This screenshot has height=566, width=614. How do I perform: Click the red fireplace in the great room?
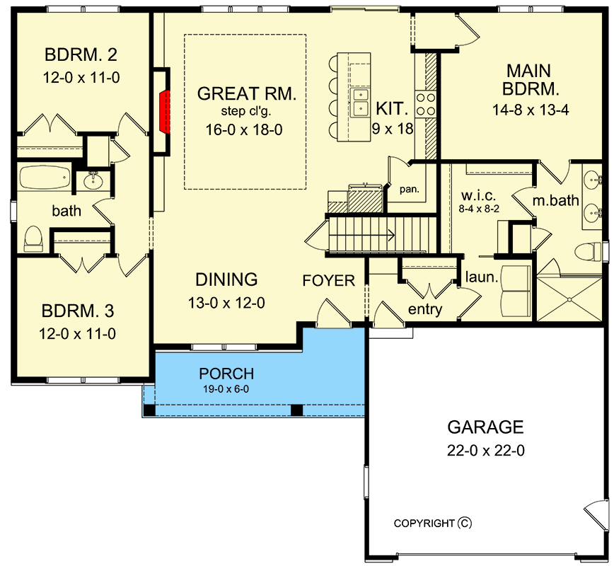point(164,112)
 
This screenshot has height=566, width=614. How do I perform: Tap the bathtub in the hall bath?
point(45,178)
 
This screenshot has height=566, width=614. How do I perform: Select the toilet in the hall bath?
point(33,238)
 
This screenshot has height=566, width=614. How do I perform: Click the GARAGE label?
point(485,427)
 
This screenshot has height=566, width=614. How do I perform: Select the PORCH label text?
point(226,374)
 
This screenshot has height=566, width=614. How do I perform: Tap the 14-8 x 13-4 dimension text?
point(531,110)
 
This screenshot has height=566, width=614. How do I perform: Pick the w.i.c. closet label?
point(478,195)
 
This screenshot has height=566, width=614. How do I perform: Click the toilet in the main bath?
point(587,251)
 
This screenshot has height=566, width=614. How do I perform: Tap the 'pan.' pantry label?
point(409,190)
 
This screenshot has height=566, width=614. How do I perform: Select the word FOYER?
point(328,280)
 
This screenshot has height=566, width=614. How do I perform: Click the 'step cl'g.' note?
point(246,111)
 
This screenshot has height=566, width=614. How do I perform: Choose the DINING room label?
point(226,279)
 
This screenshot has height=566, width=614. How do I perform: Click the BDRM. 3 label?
point(78,311)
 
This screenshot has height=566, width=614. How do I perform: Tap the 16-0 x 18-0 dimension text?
point(244,129)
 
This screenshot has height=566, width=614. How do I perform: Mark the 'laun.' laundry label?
point(482,277)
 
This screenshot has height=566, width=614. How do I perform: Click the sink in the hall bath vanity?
point(93,180)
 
